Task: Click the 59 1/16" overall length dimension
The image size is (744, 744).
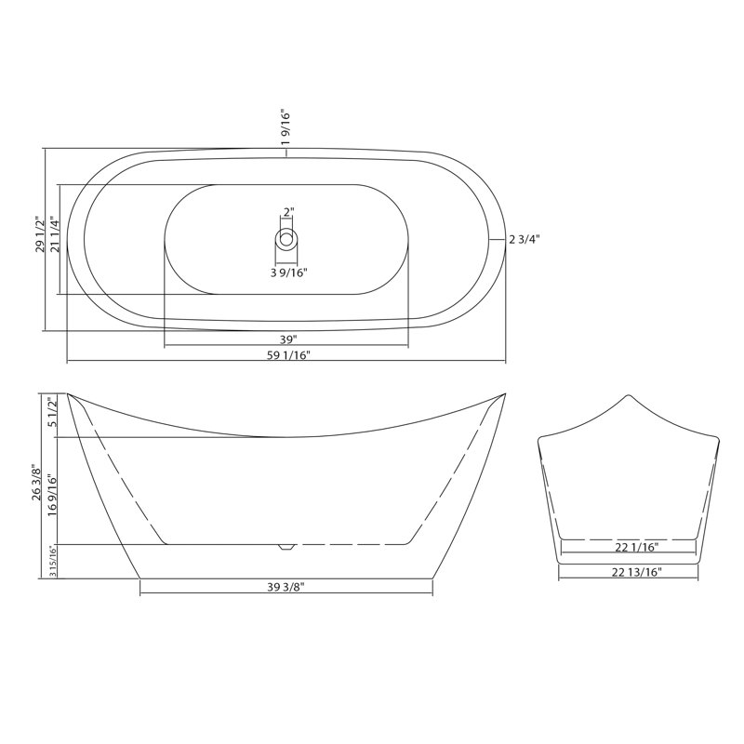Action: click(288, 355)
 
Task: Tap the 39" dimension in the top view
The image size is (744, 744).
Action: click(288, 339)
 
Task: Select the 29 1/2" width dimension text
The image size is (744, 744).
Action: click(40, 234)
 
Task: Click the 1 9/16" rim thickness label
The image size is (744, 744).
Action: click(286, 129)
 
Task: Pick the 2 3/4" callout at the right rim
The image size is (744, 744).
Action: click(525, 240)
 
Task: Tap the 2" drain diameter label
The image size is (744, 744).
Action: click(289, 212)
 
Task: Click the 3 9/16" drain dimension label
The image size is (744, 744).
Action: click(289, 272)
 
